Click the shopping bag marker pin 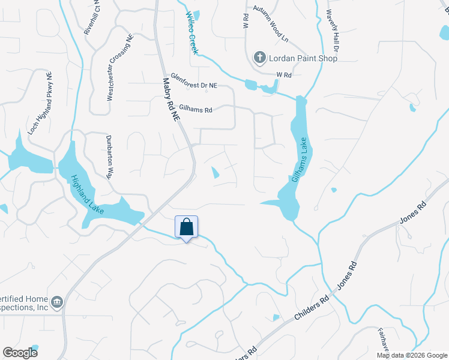[186, 228]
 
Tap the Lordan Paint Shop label [304, 58]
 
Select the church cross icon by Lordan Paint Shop [259, 58]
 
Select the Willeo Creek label [191, 34]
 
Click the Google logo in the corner [20, 352]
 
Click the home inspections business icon [57, 301]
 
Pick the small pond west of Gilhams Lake [215, 173]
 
